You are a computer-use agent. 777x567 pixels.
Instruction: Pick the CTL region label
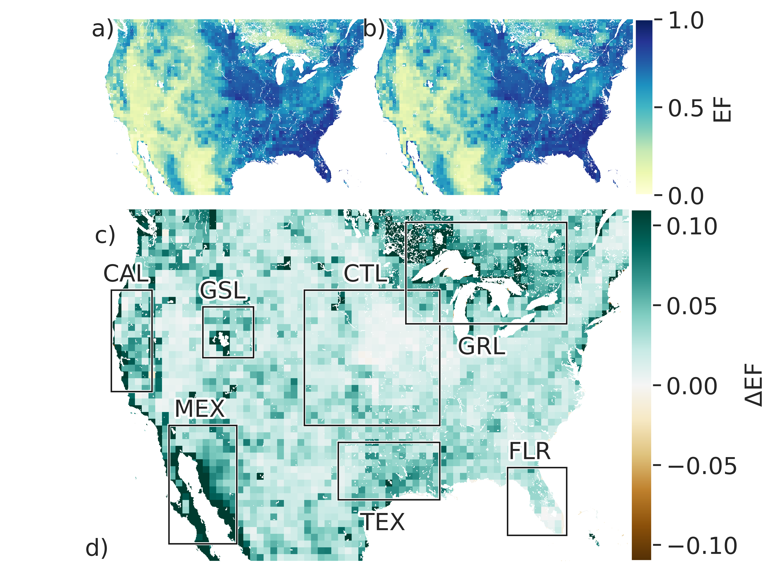[x=366, y=274]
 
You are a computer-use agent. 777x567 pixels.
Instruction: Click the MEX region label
[x=200, y=408]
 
